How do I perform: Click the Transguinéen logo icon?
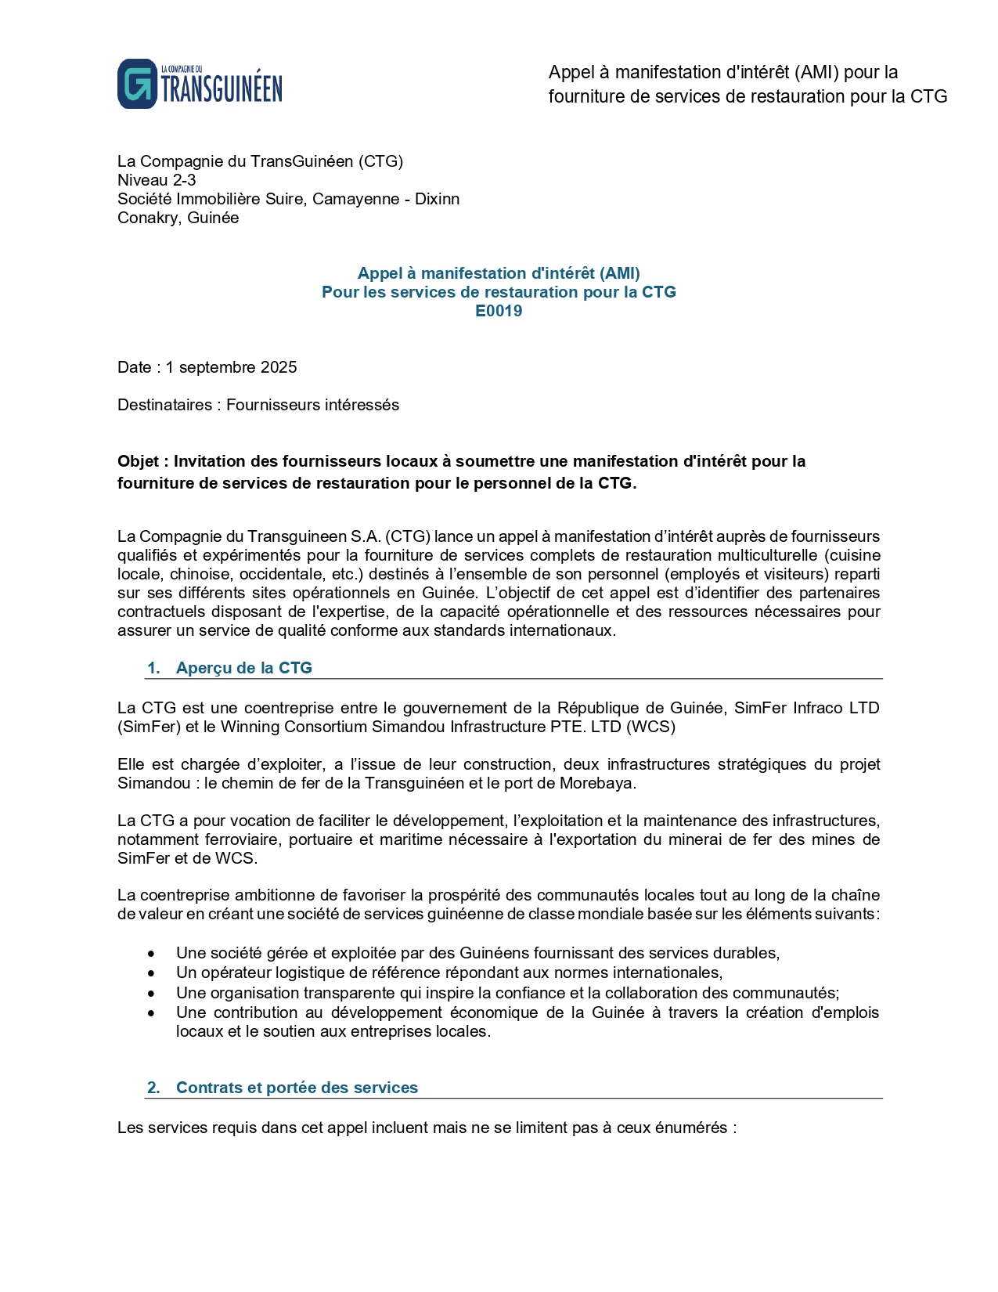tap(137, 84)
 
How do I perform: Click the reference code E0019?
tap(499, 311)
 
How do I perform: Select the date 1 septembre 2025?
tap(231, 367)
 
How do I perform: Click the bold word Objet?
tap(139, 461)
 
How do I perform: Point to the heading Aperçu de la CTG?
tap(243, 668)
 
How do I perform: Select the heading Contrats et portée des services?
tap(297, 1088)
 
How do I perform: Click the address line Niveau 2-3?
tap(157, 180)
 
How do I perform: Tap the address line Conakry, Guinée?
tap(178, 218)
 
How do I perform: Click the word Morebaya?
tap(600, 783)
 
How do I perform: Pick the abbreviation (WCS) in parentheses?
tap(650, 727)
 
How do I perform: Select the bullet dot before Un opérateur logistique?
tap(151, 973)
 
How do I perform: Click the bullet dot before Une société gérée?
tap(151, 954)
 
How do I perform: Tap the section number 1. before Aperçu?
tap(153, 668)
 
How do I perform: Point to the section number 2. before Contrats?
tap(153, 1088)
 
